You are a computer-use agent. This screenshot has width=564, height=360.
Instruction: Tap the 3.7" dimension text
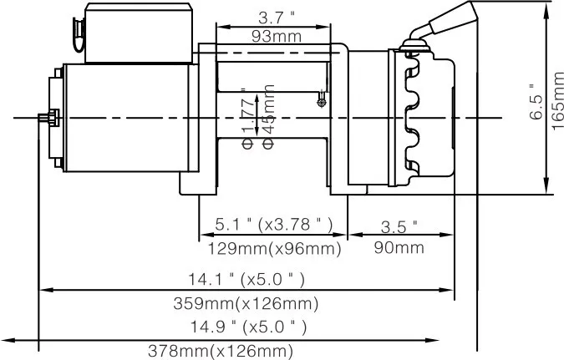275,18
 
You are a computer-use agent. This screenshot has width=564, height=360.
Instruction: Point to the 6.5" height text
538,100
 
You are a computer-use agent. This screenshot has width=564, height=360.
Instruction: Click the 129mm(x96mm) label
274,248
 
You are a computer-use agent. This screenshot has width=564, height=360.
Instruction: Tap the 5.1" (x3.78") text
274,224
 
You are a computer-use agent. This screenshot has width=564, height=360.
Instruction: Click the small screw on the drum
322,103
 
